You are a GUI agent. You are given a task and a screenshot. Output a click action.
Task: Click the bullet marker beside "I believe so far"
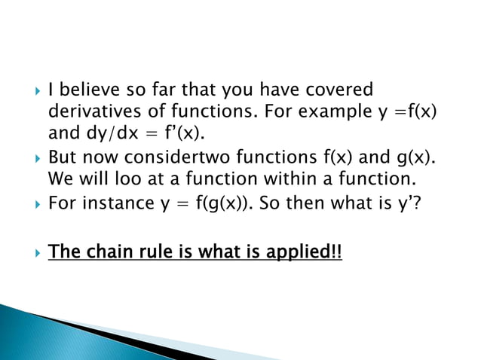(29, 91)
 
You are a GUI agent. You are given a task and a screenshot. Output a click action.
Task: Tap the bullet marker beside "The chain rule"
(29, 251)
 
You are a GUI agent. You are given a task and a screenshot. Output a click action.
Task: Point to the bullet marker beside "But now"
(29, 160)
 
